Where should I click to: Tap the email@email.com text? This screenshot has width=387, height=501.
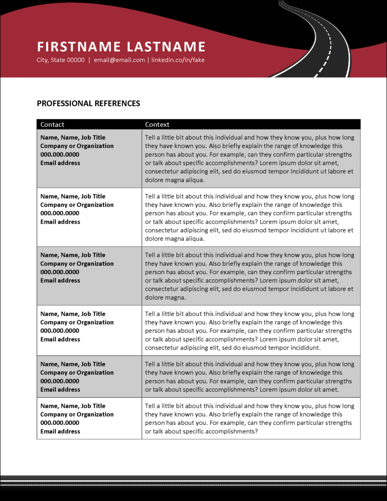(119, 60)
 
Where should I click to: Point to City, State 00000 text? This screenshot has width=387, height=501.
(60, 60)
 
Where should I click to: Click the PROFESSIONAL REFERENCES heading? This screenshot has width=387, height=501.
(89, 103)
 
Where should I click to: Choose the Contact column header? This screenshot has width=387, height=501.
(52, 124)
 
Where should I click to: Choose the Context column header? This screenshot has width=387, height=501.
(157, 124)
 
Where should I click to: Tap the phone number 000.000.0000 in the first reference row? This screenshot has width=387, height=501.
(60, 154)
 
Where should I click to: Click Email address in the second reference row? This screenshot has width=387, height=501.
(60, 222)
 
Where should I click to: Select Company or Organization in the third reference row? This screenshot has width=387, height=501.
(77, 263)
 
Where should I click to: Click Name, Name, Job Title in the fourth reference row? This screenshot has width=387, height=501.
(73, 314)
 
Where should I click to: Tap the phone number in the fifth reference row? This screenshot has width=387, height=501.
(60, 381)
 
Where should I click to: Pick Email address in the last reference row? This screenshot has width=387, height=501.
(60, 431)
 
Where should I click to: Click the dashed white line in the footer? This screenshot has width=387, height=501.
(193, 483)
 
